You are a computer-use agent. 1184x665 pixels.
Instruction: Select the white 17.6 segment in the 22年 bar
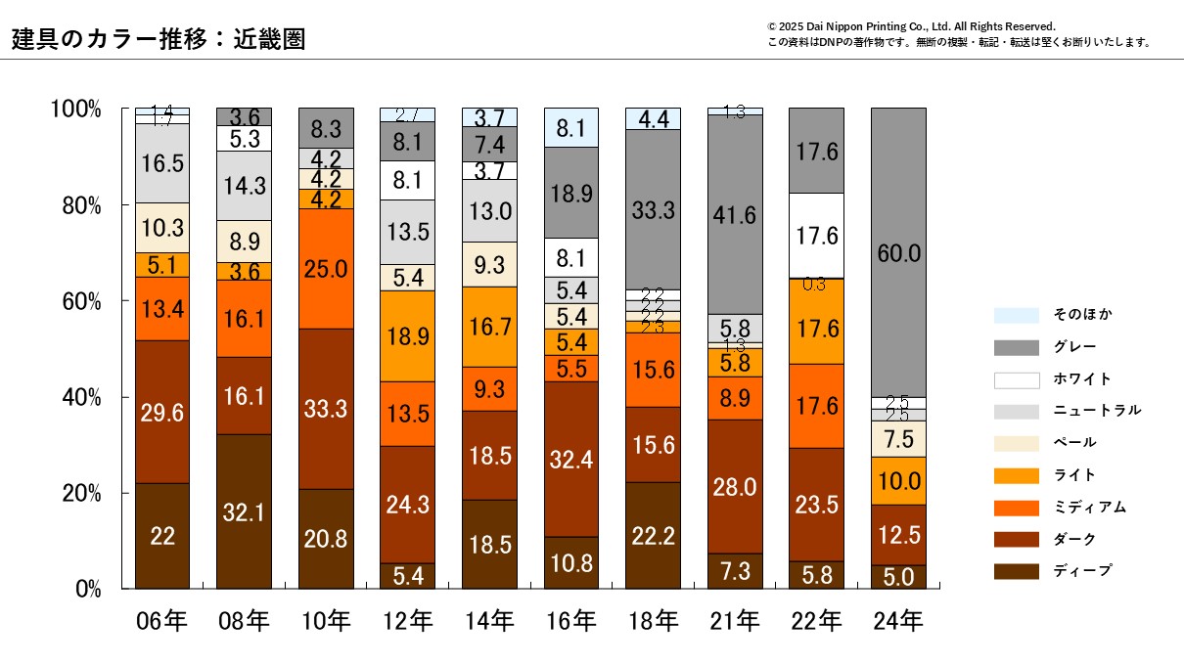coord(816,235)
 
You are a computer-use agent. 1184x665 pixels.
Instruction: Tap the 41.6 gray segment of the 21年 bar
coord(735,214)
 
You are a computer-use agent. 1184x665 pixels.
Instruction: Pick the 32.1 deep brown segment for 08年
coord(244,511)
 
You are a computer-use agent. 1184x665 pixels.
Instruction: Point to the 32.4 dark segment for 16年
coord(571,459)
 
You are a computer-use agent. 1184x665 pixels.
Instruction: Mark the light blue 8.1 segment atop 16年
coord(571,127)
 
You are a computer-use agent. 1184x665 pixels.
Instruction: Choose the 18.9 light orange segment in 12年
coord(408,335)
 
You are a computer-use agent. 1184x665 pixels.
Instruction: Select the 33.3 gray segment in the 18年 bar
coord(653,208)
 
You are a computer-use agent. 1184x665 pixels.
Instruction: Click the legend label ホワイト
coord(1082,379)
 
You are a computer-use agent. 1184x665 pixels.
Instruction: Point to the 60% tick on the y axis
coord(76,301)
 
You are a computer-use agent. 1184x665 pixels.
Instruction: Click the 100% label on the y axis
coord(75,109)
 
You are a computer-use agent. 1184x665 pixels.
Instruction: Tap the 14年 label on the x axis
coord(489,621)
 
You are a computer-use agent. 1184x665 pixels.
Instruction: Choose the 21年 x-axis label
coord(735,621)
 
